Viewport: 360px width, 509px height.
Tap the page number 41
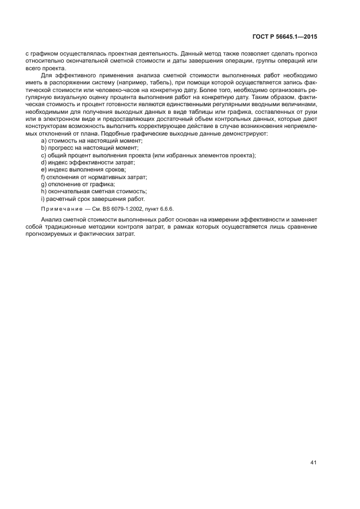point(313,462)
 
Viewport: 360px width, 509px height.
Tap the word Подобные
point(102,134)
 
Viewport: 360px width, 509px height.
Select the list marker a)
point(44,141)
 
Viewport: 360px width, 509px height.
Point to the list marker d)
point(44,162)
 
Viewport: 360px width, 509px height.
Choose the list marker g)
point(44,184)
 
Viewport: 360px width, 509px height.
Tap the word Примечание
point(60,208)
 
